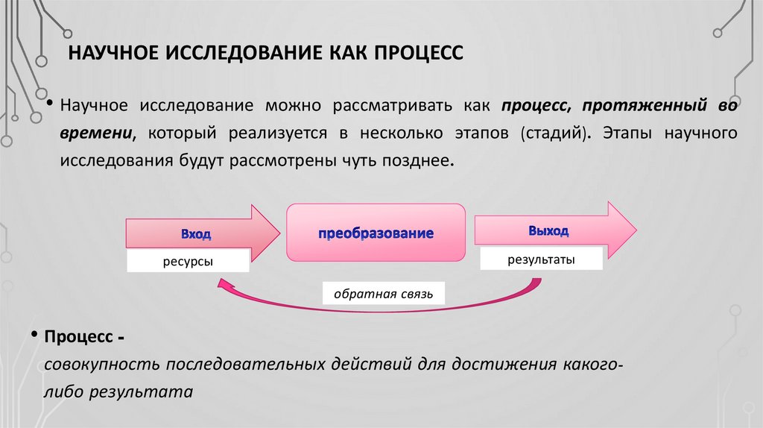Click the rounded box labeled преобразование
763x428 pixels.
376,233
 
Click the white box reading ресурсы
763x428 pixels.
187,262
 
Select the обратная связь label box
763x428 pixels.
384,293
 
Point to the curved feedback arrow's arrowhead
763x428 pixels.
221,283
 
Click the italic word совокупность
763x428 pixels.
102,365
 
